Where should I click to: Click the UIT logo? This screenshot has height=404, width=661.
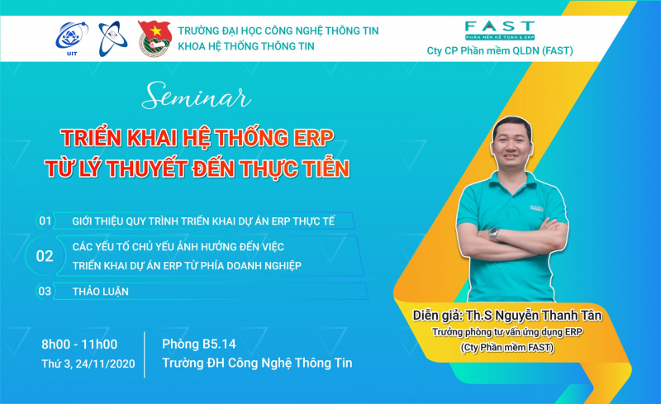[x=72, y=39]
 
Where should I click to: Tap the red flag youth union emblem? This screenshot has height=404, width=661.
[x=155, y=38]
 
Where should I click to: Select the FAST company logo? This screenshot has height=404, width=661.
[x=500, y=31]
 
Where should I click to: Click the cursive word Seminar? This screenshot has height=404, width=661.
[x=197, y=95]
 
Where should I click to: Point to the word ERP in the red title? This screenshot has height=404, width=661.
[x=313, y=137]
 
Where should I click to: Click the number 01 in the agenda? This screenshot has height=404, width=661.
[x=45, y=221]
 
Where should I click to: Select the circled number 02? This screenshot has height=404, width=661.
[x=45, y=256]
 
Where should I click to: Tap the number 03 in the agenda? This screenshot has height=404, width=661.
[x=45, y=291]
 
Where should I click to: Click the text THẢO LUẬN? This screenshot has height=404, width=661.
[x=100, y=291]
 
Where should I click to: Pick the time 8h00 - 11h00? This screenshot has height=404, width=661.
[x=79, y=345]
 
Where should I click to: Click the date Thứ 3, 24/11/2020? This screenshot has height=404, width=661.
[x=88, y=364]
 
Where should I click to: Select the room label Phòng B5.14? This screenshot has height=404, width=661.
[x=199, y=345]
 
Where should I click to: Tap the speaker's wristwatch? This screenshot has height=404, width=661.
[x=493, y=233]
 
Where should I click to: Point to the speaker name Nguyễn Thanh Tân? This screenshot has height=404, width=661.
[x=549, y=315]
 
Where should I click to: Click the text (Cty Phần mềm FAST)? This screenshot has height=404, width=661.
[x=507, y=348]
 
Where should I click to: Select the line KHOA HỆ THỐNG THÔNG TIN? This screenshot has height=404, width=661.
[x=246, y=46]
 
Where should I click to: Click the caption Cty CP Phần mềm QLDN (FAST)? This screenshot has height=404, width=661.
[x=500, y=50]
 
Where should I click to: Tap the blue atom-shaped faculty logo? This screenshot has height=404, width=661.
[x=112, y=38]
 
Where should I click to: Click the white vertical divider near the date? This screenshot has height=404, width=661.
[x=145, y=354]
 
